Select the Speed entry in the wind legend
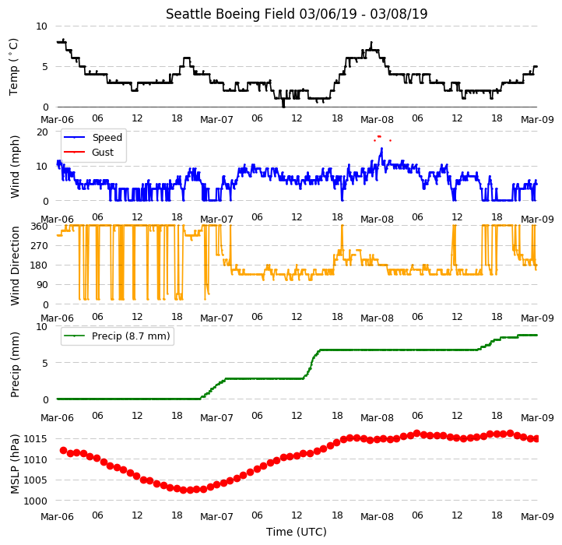click(x=93, y=138)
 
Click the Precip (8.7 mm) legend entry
click(x=117, y=336)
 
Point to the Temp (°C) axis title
click(x=13, y=67)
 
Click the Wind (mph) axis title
click(x=14, y=167)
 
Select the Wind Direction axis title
click(x=14, y=265)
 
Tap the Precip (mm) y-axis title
click(x=14, y=364)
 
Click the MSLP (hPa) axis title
click(x=14, y=464)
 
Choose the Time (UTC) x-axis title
click(x=297, y=532)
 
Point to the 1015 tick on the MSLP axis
click(x=36, y=439)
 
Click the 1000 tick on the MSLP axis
click(x=36, y=501)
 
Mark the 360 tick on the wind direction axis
click(x=40, y=227)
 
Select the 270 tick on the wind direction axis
click(x=40, y=246)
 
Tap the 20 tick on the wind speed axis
click(x=42, y=132)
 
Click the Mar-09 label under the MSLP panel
click(x=537, y=517)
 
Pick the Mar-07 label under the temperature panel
click(x=216, y=119)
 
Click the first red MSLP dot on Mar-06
click(x=64, y=450)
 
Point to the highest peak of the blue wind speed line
click(x=381, y=148)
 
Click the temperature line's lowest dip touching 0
click(x=283, y=106)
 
